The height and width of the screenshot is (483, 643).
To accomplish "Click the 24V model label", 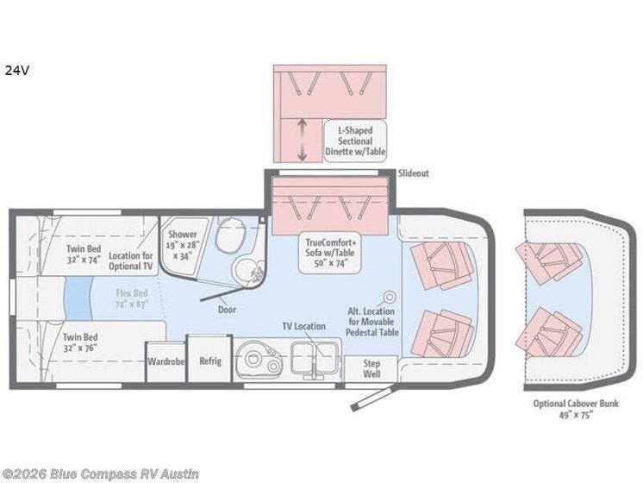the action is coord(17,71).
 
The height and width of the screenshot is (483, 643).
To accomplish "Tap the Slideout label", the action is coord(414,173).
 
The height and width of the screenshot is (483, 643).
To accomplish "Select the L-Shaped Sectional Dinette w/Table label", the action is coord(355,141).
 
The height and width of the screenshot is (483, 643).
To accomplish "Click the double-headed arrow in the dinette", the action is coord(303,140).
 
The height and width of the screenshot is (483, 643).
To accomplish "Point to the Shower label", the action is coord(183,235).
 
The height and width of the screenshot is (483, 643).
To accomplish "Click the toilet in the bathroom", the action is coord(230,236).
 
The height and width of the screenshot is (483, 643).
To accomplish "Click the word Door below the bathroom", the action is coord(227,310).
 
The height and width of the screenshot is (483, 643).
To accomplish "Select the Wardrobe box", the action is coord(166,361).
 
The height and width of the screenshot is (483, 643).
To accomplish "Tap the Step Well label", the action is coord(371,368).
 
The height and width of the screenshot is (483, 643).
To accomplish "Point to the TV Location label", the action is coord(304,326).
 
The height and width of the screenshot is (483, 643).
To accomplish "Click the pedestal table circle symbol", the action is coord(390,297).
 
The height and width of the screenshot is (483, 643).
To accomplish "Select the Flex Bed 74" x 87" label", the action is coord(132,298).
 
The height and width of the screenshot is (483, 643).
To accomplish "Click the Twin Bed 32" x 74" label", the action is coord(84,254).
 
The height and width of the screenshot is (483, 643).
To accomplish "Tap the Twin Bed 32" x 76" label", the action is coord(80,342).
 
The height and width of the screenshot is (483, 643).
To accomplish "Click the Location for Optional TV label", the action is coord(130,261).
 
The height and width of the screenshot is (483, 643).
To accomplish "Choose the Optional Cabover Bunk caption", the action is coord(576,409).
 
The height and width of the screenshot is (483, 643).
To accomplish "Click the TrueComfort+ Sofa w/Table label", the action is coord(330,253).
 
